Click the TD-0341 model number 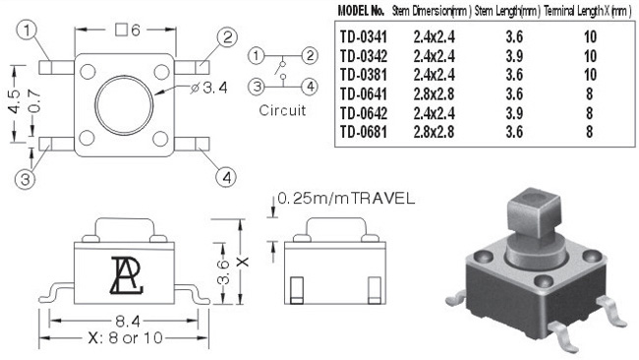click(363, 37)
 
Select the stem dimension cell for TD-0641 click(434, 94)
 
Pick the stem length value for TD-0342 click(514, 56)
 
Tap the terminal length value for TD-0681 click(589, 132)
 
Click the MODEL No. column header click(361, 11)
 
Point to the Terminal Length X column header click(587, 11)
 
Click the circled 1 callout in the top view click(27, 30)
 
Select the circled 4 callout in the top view click(226, 177)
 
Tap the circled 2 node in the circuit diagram click(310, 55)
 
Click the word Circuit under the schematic click(282, 110)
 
